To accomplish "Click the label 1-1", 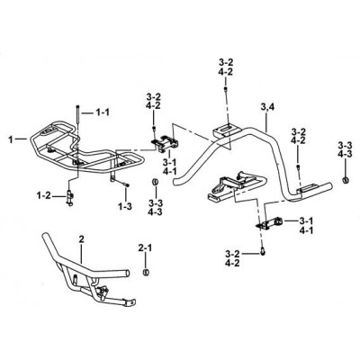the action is [x=103, y=112].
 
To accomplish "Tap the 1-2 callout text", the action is [x=45, y=196].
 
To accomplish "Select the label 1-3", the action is [x=125, y=207].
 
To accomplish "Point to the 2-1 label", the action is [x=146, y=247].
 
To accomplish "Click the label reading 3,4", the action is [x=267, y=107].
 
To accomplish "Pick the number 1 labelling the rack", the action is [x=11, y=139].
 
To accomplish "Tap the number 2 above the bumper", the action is [x=81, y=239].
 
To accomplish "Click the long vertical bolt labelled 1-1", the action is [x=77, y=114].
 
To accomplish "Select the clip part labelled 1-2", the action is [x=70, y=198].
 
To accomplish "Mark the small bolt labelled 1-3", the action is [x=126, y=185].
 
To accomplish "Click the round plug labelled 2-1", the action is [x=146, y=272].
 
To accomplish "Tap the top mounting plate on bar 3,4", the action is [x=226, y=130].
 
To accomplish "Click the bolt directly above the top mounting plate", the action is [x=225, y=89].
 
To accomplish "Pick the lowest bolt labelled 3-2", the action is [x=263, y=253].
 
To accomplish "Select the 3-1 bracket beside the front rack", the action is [x=164, y=142].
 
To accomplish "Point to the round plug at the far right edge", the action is [x=346, y=180].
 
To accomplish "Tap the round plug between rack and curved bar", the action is [x=155, y=182].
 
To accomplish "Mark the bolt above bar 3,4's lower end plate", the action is [x=298, y=166].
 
